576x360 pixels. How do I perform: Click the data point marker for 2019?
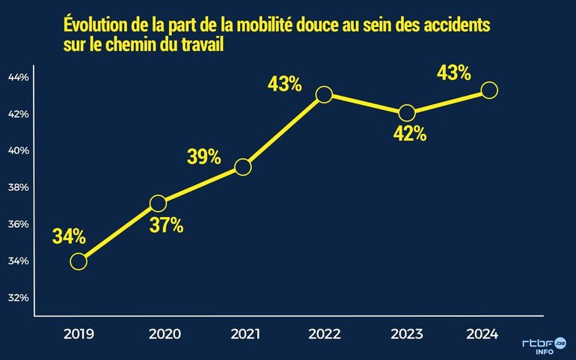pos(79,261)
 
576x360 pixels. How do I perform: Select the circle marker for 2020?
pos(158,203)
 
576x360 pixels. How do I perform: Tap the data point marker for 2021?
pos(242,167)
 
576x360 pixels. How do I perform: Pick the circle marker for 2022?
pos(324,94)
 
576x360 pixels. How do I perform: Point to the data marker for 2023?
pos(407,113)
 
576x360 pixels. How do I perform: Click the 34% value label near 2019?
pos(69,237)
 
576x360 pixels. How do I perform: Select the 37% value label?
pos(167,225)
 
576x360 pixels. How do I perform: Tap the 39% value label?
pos(203,156)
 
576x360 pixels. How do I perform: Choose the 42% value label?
pos(410,134)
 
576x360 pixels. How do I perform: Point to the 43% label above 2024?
pos(453,73)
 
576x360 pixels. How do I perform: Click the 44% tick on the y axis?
pos(18,77)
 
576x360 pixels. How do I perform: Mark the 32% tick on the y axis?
pos(18,297)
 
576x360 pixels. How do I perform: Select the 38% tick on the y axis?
pos(18,187)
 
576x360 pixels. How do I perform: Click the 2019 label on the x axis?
pos(79,335)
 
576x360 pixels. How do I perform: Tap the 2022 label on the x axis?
pos(324,335)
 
